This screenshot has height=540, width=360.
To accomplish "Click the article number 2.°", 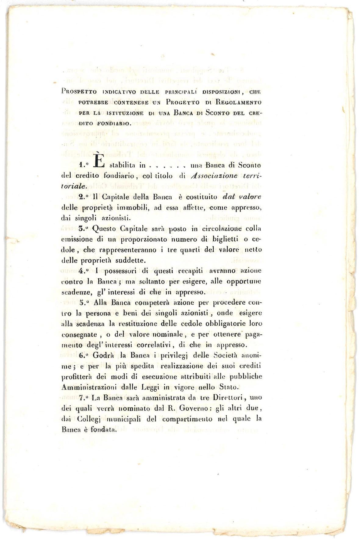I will (84, 197).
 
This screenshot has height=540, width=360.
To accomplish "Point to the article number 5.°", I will (84, 303).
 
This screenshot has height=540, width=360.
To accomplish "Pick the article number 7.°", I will (84, 398).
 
